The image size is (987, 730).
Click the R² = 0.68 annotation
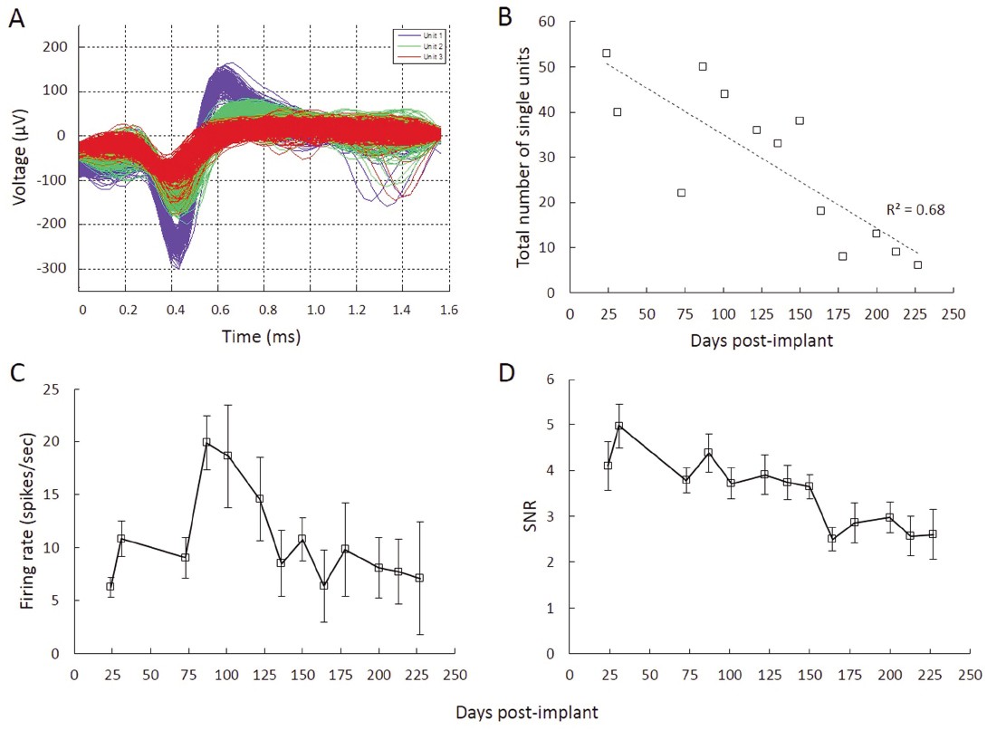(915, 210)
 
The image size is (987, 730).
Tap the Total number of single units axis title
(523, 158)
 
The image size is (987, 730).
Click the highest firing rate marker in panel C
(206, 442)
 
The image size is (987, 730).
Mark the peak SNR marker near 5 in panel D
(618, 426)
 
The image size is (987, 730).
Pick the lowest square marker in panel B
(917, 264)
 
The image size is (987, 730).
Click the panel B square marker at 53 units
(606, 53)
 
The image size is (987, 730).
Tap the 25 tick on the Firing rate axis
(55, 389)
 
